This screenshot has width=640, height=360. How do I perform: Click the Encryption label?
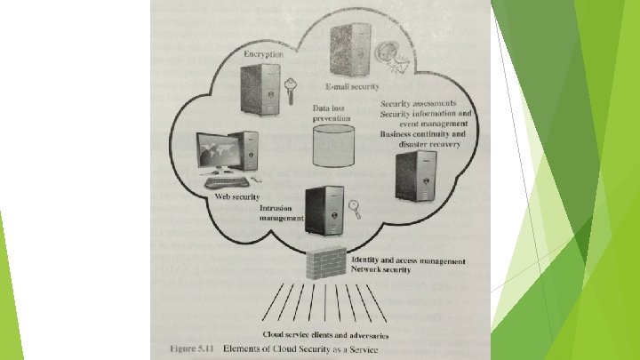tap(264, 54)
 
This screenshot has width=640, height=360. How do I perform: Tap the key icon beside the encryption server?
tap(290, 88)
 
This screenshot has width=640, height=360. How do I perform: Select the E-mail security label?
tap(351, 86)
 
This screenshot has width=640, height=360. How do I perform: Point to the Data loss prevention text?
tap(332, 112)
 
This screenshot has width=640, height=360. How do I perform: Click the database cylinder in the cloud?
tap(333, 145)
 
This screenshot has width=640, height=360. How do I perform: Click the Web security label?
tap(237, 196)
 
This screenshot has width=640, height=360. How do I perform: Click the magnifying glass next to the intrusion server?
tap(354, 209)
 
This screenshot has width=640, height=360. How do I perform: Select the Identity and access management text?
tap(409, 261)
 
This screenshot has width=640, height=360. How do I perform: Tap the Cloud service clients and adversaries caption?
tap(325, 334)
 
